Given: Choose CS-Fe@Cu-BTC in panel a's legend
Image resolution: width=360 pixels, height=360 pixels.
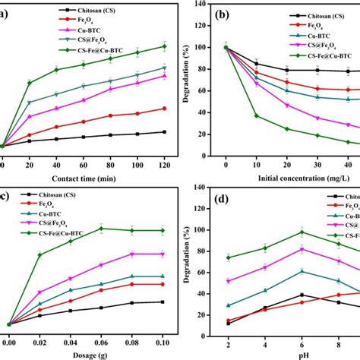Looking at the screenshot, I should click(x=61, y=51).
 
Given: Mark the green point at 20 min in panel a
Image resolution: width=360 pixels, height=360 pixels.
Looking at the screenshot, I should click(x=29, y=83).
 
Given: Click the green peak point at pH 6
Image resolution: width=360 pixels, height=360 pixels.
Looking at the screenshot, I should click(x=302, y=232).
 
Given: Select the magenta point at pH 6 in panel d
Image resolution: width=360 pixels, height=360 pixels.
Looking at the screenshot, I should click(x=302, y=249).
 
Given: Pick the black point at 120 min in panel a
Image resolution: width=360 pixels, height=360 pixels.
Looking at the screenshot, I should click(x=164, y=132).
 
